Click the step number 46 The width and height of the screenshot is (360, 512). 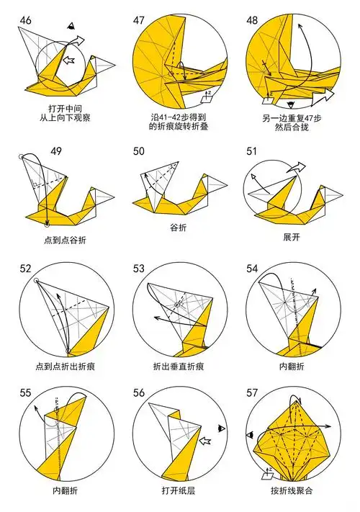click(x=25, y=19)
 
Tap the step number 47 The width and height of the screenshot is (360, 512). click(x=140, y=19)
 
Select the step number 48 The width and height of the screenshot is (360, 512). click(x=253, y=19)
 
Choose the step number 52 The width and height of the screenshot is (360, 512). click(x=25, y=269)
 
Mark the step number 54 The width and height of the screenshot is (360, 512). click(x=253, y=269)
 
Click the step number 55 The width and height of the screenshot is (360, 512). click(x=25, y=393)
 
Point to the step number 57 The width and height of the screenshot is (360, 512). click(x=253, y=393)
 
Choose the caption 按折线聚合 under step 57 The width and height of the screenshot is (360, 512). click(x=292, y=492)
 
